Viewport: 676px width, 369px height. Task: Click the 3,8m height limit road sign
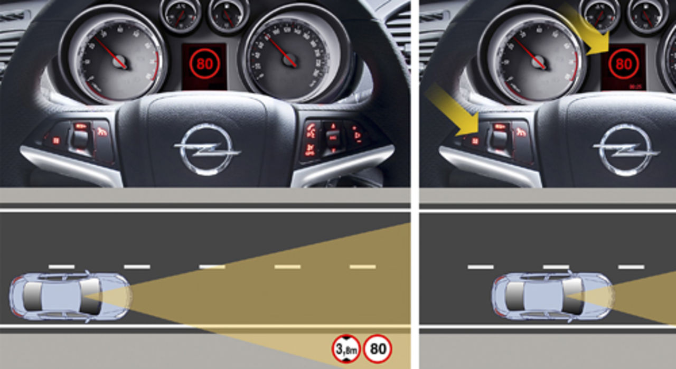pyautogui.click(x=346, y=349)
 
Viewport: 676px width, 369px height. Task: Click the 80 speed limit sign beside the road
pyautogui.click(x=377, y=349)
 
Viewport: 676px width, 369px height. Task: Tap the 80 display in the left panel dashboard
pyautogui.click(x=204, y=64)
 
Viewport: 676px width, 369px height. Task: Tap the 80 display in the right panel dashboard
pyautogui.click(x=623, y=64)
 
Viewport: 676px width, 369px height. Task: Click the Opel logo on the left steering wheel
pyautogui.click(x=206, y=148)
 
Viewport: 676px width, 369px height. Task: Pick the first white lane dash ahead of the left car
pyautogui.click(x=137, y=267)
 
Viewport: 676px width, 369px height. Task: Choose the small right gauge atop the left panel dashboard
pyautogui.click(x=228, y=14)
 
